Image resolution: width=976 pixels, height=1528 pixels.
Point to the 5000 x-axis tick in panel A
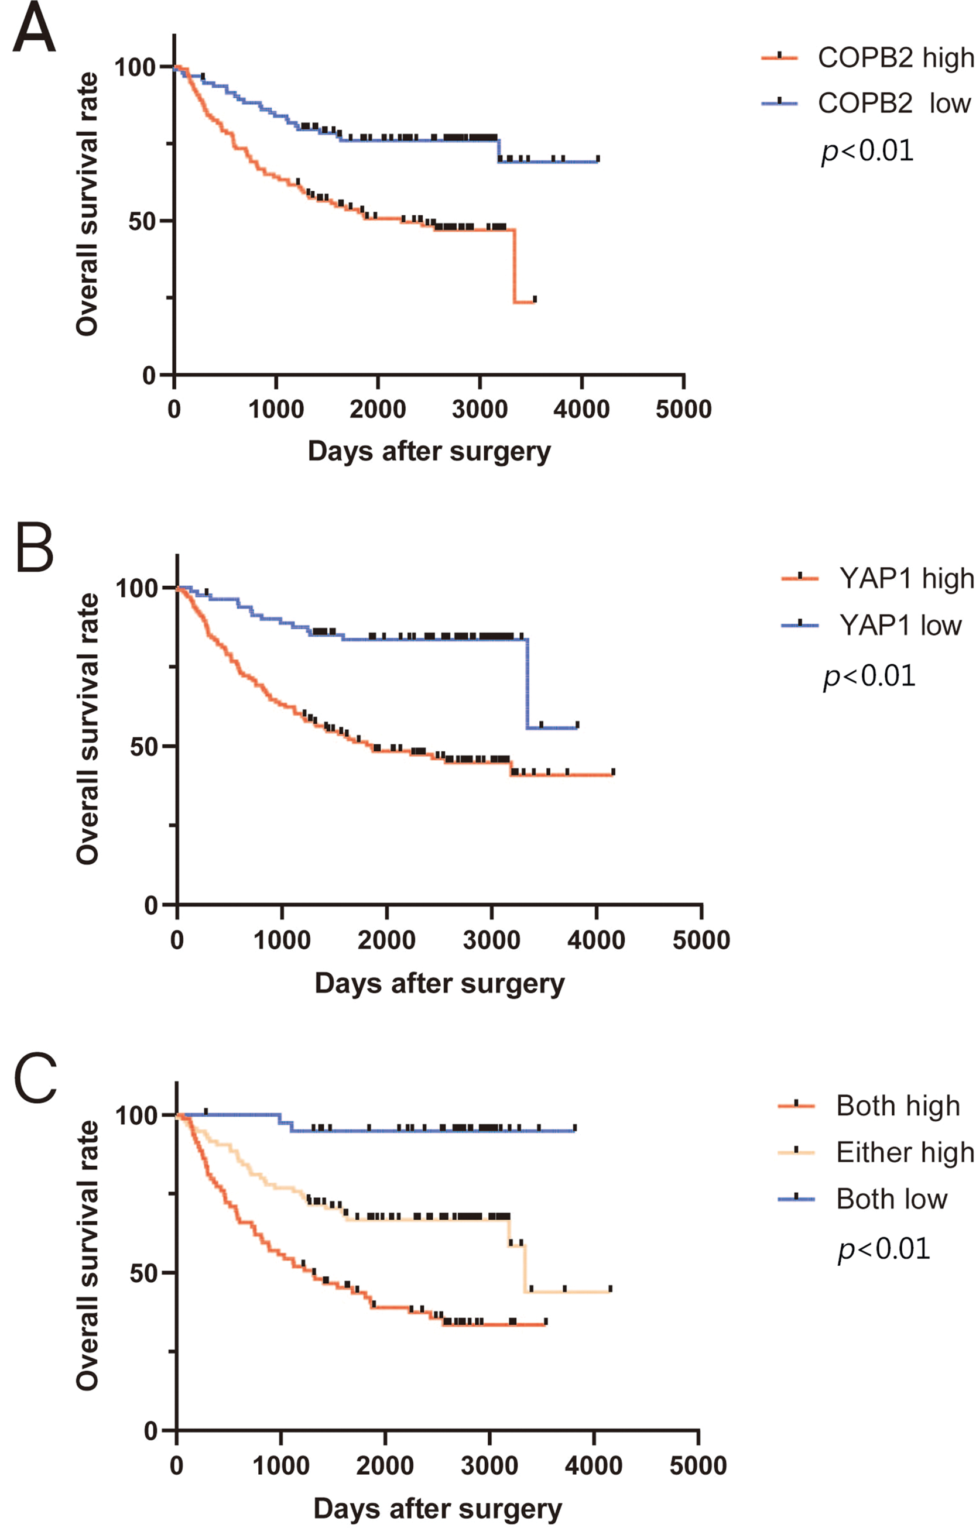coord(683,409)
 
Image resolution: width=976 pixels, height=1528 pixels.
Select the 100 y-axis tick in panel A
coord(135,67)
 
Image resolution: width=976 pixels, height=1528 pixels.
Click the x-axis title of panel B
coord(440,983)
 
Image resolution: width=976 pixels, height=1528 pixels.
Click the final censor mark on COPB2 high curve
coord(535,298)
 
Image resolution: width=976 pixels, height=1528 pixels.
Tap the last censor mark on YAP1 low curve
coord(577,724)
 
